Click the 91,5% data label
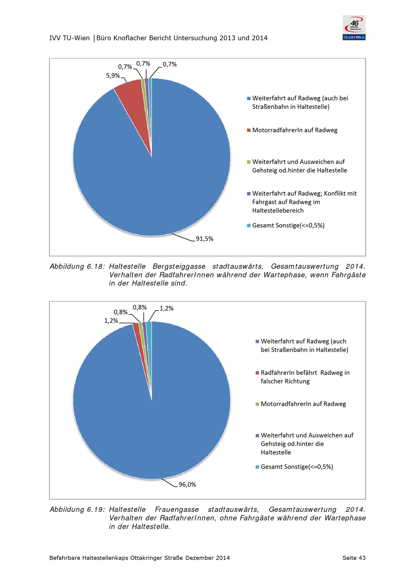pos(204,239)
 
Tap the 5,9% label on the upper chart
pos(113,76)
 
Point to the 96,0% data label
pos(187,485)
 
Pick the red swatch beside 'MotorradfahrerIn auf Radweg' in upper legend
pos(249,130)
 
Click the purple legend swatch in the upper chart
pos(249,194)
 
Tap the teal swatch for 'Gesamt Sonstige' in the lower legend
pos(257,467)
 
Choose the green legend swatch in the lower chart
pos(257,404)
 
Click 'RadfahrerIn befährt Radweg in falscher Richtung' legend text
pos(305,377)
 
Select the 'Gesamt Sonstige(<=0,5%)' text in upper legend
pos(288,225)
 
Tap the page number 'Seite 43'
pos(354,558)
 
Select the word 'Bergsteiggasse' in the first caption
pos(179,267)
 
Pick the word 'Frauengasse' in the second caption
pos(177,510)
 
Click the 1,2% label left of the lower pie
pos(111,321)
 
